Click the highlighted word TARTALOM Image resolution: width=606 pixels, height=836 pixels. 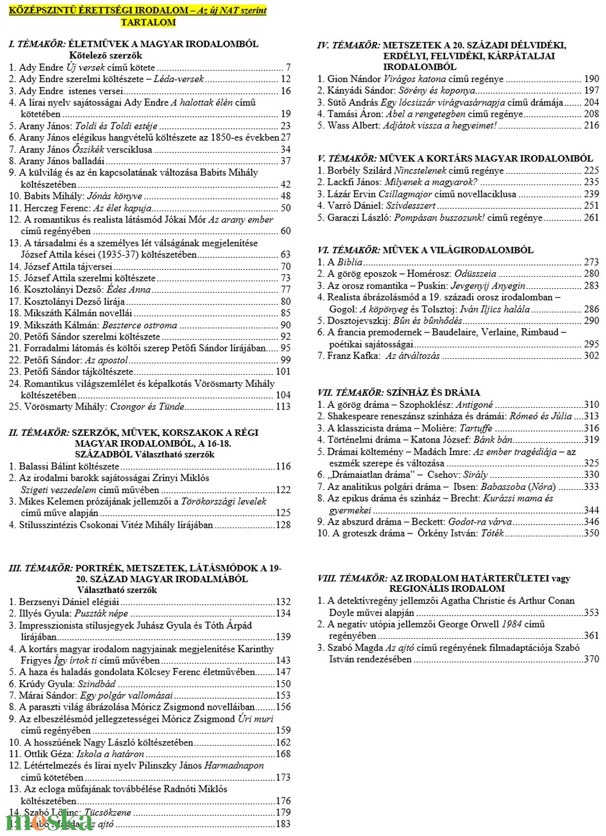[148, 22]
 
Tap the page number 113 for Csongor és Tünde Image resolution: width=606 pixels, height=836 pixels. [283, 407]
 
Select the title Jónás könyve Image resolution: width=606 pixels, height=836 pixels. [115, 196]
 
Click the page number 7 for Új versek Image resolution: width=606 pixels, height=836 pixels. [288, 67]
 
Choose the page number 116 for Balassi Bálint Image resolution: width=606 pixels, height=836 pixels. [283, 466]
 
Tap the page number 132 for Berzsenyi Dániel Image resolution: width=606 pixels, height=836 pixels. [283, 602]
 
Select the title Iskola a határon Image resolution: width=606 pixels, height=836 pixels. [110, 754]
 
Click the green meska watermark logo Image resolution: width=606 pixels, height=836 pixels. [50, 821]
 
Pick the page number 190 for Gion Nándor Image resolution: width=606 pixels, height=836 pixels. [592, 79]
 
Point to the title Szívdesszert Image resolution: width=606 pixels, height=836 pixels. [410, 206]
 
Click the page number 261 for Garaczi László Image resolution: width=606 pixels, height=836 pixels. [592, 218]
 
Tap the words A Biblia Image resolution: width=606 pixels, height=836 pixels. [345, 262]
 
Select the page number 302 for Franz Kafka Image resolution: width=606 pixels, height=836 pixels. [592, 356]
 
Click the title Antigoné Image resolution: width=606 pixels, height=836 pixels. [474, 404]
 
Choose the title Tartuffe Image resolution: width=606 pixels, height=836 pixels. [475, 428]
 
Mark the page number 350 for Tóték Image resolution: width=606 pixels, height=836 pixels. [592, 533]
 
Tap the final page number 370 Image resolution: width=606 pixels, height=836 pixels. [592, 659]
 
